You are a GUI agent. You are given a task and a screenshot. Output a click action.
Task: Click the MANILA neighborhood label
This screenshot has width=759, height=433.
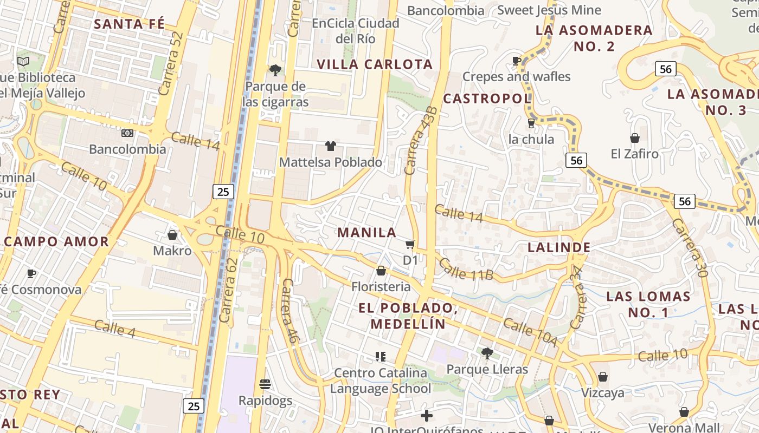(367, 233)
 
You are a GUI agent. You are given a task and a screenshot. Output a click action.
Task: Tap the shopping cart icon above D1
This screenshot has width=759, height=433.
(410, 245)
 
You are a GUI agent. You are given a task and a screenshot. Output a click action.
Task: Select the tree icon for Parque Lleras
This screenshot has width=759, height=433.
(487, 353)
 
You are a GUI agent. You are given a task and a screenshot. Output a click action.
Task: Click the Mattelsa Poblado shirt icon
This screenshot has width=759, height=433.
(330, 146)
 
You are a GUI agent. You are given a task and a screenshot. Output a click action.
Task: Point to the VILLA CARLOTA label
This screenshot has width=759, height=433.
(375, 64)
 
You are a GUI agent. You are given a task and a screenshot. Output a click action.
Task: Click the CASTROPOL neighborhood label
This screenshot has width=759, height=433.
(487, 99)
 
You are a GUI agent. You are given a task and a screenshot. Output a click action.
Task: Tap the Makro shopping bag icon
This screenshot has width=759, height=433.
(172, 235)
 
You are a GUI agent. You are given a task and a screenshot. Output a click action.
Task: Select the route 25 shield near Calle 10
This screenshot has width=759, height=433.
(223, 191)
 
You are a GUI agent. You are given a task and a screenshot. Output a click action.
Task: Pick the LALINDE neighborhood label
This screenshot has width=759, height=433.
(559, 248)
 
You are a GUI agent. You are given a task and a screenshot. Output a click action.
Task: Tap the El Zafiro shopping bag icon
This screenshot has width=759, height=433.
(634, 138)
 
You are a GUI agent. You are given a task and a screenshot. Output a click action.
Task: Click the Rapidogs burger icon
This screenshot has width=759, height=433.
(265, 384)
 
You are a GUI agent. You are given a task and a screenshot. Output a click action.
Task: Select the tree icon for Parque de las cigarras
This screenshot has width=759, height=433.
(275, 70)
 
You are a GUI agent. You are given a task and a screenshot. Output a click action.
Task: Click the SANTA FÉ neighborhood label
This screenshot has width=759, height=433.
(129, 24)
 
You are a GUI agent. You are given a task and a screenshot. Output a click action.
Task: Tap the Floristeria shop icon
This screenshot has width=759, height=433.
(381, 271)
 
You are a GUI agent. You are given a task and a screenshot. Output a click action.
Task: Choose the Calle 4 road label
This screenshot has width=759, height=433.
(114, 329)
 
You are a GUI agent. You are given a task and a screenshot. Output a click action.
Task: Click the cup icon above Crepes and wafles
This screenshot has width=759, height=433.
(516, 61)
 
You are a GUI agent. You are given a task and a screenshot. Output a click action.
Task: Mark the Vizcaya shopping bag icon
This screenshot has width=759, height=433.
(603, 377)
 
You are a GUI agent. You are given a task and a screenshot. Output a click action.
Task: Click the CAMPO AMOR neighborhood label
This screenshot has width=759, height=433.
(56, 242)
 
